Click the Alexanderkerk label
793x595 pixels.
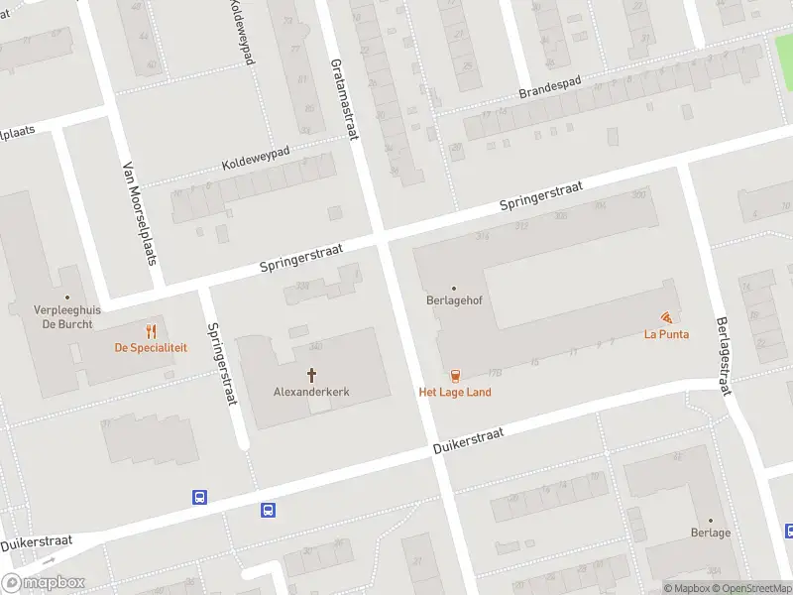[x=311, y=392]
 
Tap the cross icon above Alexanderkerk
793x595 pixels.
[x=311, y=375]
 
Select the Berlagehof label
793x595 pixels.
[x=454, y=303]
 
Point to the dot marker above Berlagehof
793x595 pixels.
[x=454, y=289]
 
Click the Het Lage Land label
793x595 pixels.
[x=455, y=392]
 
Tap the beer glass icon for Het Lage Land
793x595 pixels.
[x=455, y=375]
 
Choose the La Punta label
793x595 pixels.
[x=666, y=334]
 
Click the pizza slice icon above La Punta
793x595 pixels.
[x=666, y=317]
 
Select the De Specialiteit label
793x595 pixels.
[x=151, y=347]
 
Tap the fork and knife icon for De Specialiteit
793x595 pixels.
[x=151, y=330]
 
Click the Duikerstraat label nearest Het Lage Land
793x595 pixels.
[x=469, y=442]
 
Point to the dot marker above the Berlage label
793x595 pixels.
[x=710, y=520]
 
